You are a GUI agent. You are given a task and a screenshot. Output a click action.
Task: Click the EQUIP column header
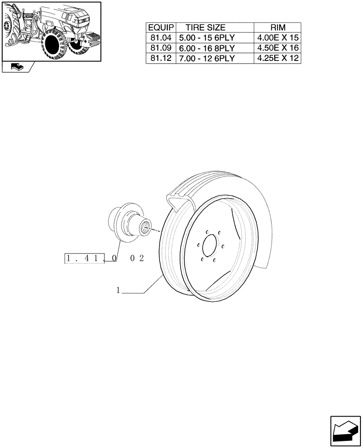point(161,28)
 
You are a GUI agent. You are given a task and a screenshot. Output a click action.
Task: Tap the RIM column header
point(278,28)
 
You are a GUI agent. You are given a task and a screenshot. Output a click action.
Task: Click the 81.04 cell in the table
point(161,38)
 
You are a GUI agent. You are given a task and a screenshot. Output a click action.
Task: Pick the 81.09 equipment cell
point(161,48)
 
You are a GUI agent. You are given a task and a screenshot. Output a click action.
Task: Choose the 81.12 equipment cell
point(161,58)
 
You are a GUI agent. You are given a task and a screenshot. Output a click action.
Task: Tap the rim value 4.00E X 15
point(278,38)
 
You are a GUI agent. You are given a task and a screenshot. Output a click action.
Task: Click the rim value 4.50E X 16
point(278,48)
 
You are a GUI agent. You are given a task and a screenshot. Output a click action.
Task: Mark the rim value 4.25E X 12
point(278,58)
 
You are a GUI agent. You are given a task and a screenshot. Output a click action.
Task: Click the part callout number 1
point(118,290)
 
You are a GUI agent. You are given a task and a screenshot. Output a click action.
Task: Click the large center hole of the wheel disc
point(209,246)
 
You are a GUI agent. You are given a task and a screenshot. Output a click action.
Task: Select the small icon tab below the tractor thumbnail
point(17,67)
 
